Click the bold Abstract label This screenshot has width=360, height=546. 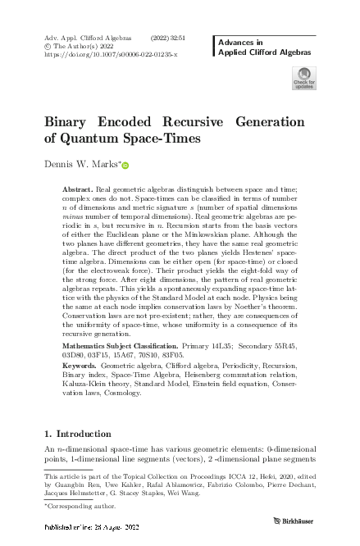coord(79,189)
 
